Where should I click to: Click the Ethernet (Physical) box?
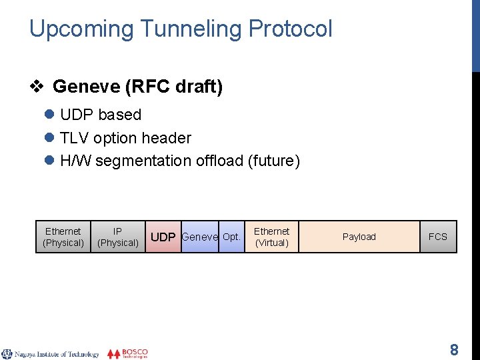pos(63,237)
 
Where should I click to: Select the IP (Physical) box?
pos(118,237)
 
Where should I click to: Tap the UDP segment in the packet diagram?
pos(163,237)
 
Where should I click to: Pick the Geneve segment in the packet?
pos(199,237)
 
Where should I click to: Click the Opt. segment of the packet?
pos(231,237)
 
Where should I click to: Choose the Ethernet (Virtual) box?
pos(271,237)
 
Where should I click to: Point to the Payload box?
pos(359,237)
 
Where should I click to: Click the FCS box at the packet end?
pos(438,237)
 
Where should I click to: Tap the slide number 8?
pos(454,350)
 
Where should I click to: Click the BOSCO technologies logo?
pos(128,353)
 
